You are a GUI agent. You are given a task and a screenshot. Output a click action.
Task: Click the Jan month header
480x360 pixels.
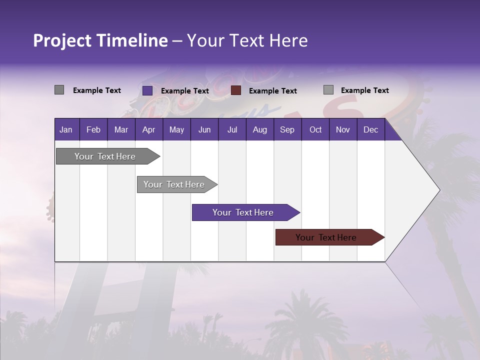(66, 130)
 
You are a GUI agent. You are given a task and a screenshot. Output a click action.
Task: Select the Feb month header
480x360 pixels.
(93, 130)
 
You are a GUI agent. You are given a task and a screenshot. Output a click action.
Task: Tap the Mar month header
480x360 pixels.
(121, 130)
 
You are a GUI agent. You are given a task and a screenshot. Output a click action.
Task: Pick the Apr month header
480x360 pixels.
(148, 130)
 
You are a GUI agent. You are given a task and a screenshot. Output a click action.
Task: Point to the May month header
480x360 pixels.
(176, 130)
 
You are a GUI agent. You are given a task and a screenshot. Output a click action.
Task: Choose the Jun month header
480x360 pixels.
(204, 130)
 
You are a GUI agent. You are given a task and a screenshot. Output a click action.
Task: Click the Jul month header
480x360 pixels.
(232, 130)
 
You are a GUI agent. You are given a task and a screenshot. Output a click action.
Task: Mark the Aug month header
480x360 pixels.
(259, 130)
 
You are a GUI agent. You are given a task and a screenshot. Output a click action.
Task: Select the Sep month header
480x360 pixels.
(287, 130)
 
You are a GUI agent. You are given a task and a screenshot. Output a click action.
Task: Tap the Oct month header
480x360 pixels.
(315, 130)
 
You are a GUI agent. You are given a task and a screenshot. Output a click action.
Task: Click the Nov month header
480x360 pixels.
(343, 130)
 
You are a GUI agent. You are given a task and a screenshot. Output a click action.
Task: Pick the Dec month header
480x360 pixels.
(370, 130)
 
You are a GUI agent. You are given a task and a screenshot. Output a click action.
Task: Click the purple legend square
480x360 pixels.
(147, 90)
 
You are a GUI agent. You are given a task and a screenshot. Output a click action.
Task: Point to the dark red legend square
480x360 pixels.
(236, 90)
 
